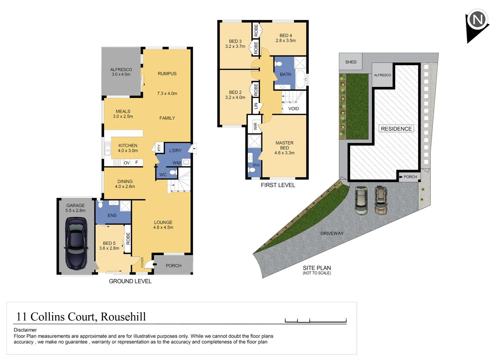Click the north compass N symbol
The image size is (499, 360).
[477, 20]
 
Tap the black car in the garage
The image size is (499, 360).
[76, 243]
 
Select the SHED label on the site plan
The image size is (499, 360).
[350, 62]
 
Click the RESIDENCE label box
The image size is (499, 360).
[396, 129]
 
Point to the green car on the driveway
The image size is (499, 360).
[361, 201]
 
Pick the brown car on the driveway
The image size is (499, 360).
[381, 200]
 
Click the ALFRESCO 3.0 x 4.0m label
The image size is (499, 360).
[121, 72]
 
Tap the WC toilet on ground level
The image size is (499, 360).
[173, 172]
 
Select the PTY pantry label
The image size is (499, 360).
[159, 148]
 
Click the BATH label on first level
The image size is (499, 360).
[285, 74]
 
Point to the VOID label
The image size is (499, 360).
[293, 109]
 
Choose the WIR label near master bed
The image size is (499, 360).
[255, 126]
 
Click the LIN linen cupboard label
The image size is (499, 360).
[255, 106]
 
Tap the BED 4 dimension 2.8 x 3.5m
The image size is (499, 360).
[285, 41]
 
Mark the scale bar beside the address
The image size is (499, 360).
[315, 321]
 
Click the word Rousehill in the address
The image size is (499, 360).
[123, 317]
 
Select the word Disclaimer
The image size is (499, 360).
[25, 330]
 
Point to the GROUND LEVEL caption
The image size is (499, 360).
[130, 281]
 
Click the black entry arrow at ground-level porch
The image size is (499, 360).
[155, 265]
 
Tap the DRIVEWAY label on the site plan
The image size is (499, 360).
[332, 233]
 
